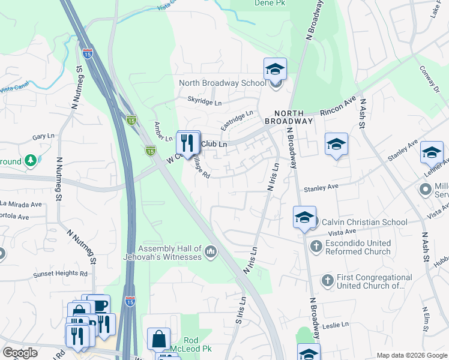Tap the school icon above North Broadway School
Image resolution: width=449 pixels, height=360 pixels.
[276, 69]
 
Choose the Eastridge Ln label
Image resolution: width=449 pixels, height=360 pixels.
[237, 120]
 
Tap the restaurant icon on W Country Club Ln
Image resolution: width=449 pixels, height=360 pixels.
[188, 143]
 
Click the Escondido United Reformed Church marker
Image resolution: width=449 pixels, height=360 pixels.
[316, 246]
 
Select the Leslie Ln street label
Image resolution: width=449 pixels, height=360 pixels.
[336, 325]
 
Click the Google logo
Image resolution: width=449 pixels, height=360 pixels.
[20, 353]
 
